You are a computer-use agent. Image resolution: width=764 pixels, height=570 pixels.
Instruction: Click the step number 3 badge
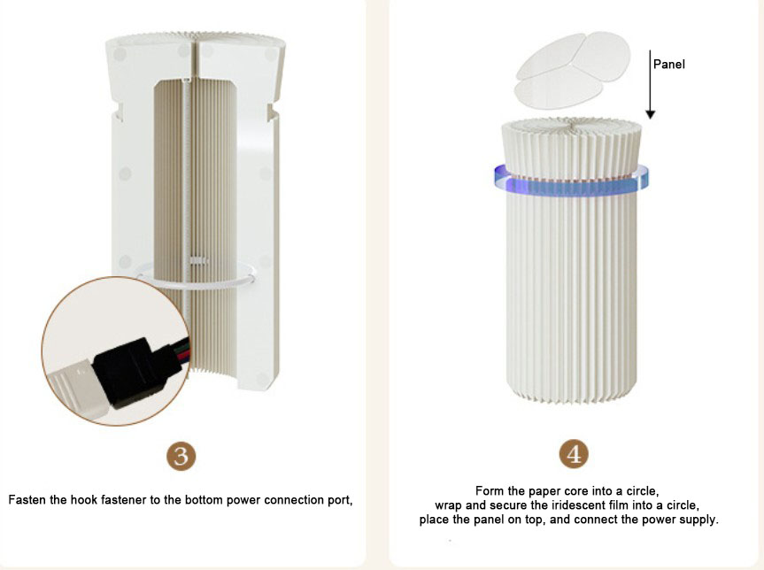[x=181, y=456]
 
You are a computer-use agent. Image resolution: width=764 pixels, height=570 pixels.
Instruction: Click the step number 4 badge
[x=574, y=454]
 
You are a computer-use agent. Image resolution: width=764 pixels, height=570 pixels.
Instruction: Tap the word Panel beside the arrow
[x=669, y=65]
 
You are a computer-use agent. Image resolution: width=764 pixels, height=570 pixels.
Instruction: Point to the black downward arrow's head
[x=650, y=114]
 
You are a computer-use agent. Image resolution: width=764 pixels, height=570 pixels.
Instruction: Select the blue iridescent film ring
[x=571, y=181]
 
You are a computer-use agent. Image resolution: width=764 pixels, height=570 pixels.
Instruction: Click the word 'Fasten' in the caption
[x=27, y=500]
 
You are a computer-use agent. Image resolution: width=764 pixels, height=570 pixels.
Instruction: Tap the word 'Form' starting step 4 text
[x=490, y=490]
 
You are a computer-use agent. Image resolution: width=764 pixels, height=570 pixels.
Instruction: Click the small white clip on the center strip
[x=198, y=260]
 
